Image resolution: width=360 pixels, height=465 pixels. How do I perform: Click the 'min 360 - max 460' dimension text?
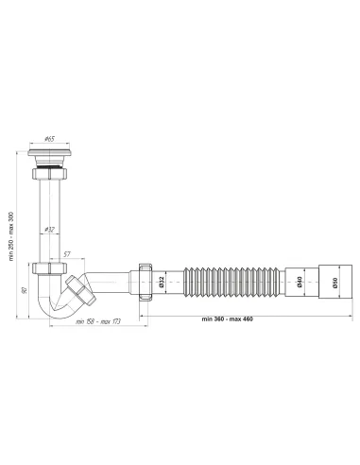click(x=228, y=318)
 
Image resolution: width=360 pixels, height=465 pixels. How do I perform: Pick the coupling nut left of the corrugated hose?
click(x=147, y=281)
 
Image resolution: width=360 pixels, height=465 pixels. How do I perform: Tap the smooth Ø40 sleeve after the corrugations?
click(x=304, y=281)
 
